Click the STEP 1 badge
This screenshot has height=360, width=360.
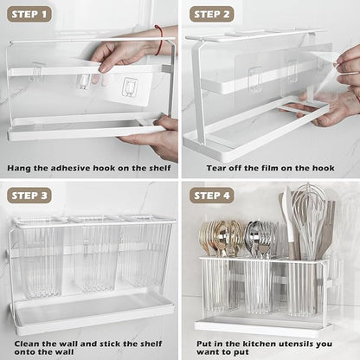tap(29, 15)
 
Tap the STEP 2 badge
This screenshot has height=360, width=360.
tap(211, 15)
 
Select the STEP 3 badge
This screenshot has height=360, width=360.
tap(29, 196)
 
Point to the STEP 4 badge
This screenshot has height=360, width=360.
tap(211, 196)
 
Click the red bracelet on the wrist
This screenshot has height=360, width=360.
tap(159, 40)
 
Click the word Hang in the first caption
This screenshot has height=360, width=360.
tap(19, 168)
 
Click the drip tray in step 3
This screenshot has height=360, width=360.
tap(93, 313)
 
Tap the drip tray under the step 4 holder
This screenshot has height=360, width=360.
tap(262, 328)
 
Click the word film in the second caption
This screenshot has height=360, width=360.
tap(270, 168)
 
